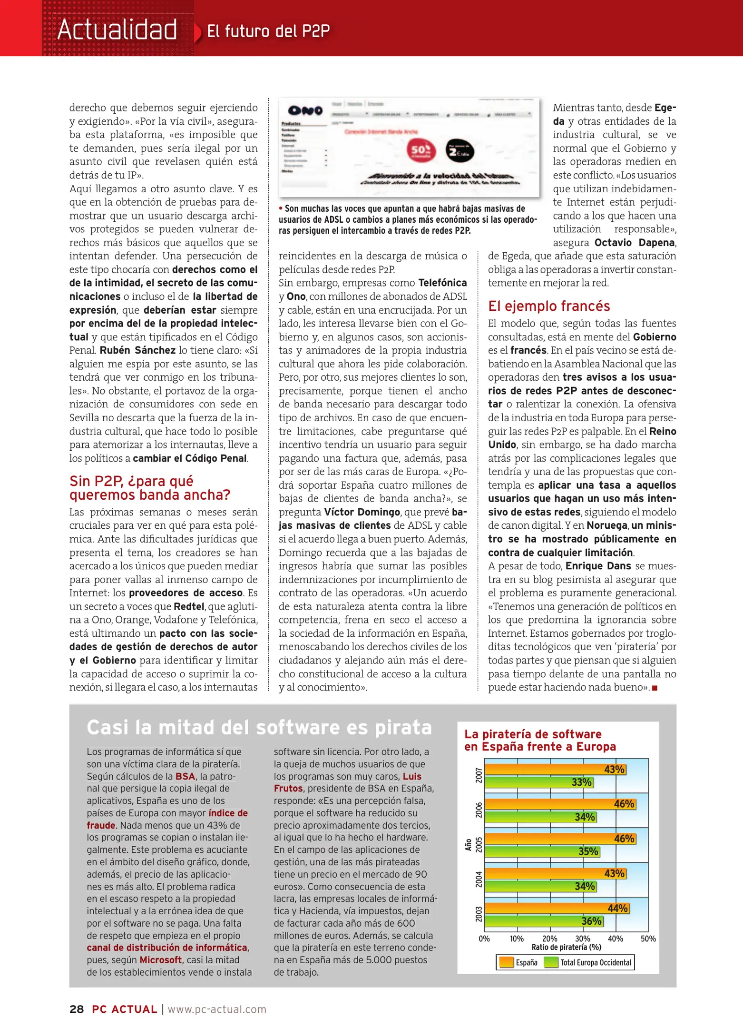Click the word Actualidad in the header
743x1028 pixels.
click(117, 30)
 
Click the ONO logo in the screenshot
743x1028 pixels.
click(305, 111)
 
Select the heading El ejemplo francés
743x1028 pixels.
click(548, 306)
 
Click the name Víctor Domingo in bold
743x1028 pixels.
click(362, 512)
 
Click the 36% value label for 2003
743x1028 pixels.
click(591, 921)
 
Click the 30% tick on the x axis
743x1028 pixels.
click(583, 939)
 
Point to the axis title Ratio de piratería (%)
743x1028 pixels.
click(566, 947)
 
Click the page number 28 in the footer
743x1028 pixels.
click(77, 1009)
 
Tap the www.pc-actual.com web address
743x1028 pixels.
click(217, 1009)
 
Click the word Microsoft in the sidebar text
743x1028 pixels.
click(160, 959)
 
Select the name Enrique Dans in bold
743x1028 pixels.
click(598, 566)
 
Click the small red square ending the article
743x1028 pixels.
click(655, 688)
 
